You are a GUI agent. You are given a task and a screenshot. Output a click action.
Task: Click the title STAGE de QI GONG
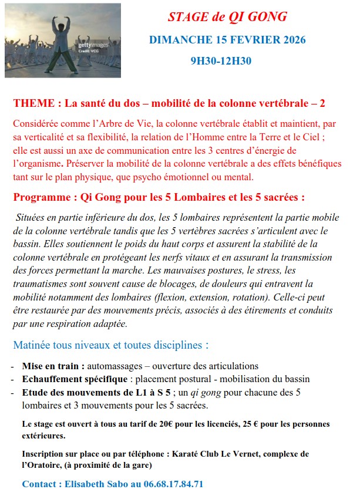(x=227, y=17)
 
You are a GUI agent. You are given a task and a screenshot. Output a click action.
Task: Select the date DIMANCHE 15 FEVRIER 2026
(x=227, y=40)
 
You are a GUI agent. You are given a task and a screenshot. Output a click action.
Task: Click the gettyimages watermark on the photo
(x=93, y=45)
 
